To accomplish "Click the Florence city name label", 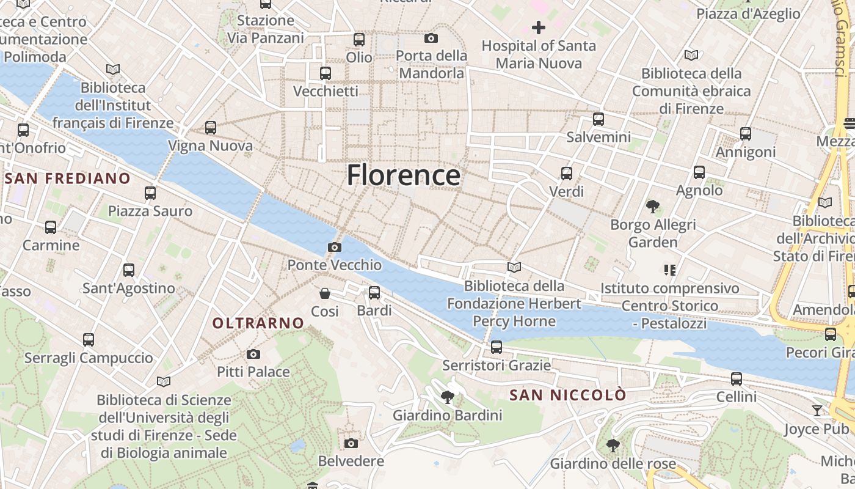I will coord(403,175).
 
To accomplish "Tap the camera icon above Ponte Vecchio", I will coord(334,248).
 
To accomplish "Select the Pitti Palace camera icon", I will coord(253,355).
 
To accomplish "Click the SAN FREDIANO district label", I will coord(68,178).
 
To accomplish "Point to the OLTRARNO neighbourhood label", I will coord(258,323).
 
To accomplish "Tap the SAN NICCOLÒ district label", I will coord(568,395).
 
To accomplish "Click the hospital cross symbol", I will coord(538,28).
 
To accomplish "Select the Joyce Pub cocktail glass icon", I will coord(817,410).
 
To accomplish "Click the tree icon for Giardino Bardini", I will coord(447,398).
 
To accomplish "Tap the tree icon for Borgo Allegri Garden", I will coord(653,207).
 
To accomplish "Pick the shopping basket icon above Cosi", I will coord(325,293).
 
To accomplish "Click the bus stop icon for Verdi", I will coord(567,174).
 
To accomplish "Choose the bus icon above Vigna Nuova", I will coord(211,128).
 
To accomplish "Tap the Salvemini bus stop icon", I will coord(598,119).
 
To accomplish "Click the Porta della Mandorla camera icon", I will coord(431,39).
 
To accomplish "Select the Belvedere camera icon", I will coord(351,443).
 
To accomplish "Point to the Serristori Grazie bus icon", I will coord(497,347).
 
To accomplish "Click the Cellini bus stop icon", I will coord(737,379).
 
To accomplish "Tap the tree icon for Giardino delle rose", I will coord(613,446).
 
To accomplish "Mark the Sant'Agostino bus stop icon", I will coord(129,270).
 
